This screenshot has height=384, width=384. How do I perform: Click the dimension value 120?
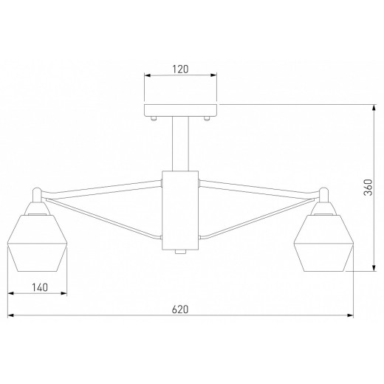181,69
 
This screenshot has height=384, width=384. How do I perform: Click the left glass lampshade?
38,244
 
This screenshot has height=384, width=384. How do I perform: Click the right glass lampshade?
322,244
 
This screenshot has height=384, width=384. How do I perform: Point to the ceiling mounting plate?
181,111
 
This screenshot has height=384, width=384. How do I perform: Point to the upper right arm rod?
255,188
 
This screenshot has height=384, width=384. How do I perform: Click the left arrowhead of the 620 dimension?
11,316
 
